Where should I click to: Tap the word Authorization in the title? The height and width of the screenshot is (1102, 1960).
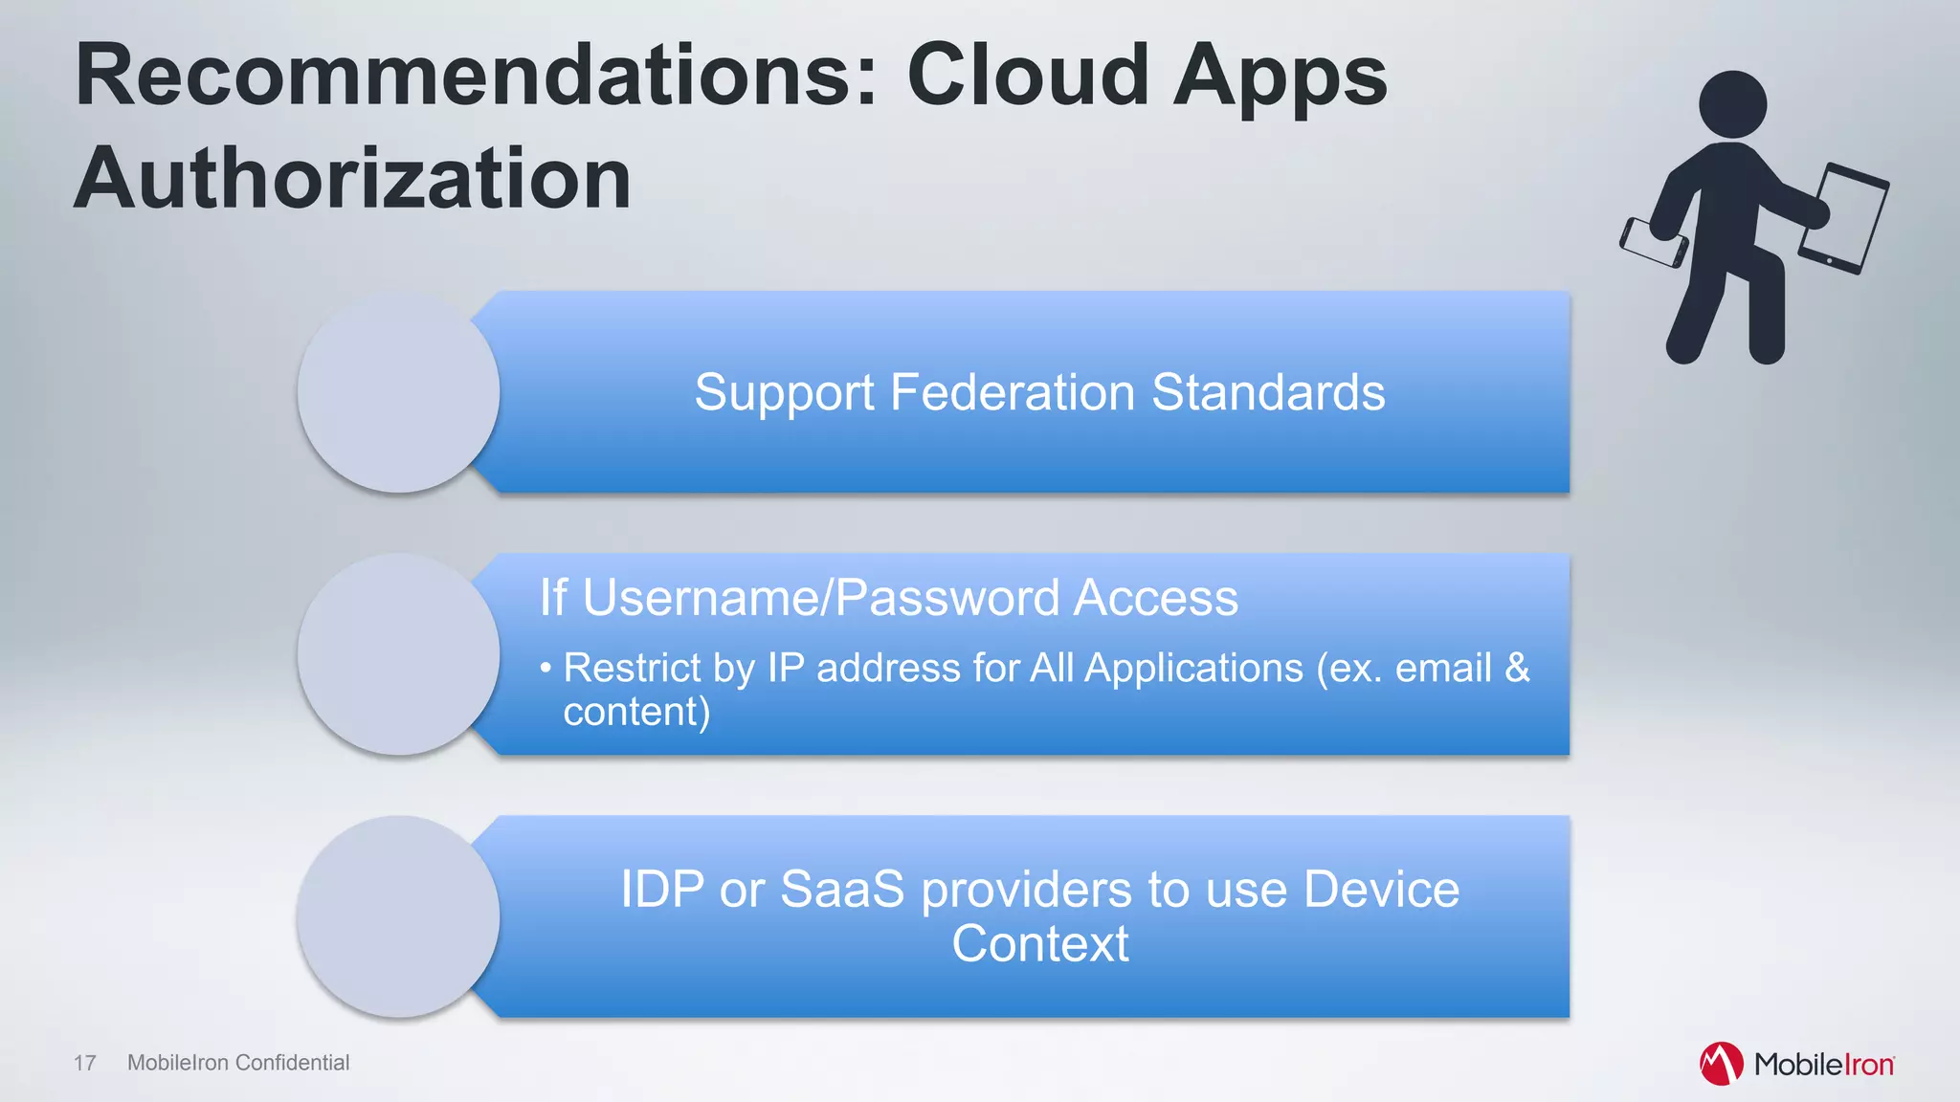coord(352,179)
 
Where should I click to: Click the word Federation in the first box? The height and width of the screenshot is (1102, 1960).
coord(1012,392)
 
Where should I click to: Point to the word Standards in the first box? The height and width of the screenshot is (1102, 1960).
coord(1268,392)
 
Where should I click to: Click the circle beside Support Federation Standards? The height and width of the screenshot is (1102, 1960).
coord(398,392)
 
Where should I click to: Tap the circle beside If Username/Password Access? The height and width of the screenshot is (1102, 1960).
coord(398,654)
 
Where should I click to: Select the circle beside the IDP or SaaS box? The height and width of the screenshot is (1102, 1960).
coord(398,916)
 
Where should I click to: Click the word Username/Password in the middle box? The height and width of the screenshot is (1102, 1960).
coord(821,598)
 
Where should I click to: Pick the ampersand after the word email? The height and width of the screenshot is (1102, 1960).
coord(1517,668)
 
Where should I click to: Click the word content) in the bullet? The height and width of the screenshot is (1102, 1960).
coord(636,712)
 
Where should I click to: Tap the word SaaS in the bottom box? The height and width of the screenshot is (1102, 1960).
coord(842,889)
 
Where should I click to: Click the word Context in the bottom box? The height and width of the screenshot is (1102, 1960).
coord(1040,944)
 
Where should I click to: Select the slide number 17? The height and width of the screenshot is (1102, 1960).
coord(85,1063)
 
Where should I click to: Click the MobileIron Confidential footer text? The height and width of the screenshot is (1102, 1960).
coord(238,1063)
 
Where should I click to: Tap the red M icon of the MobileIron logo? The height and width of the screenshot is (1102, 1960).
coord(1720,1064)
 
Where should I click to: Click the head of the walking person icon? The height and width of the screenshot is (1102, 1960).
coord(1732,104)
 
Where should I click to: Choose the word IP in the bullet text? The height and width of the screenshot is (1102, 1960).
coord(786,668)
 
